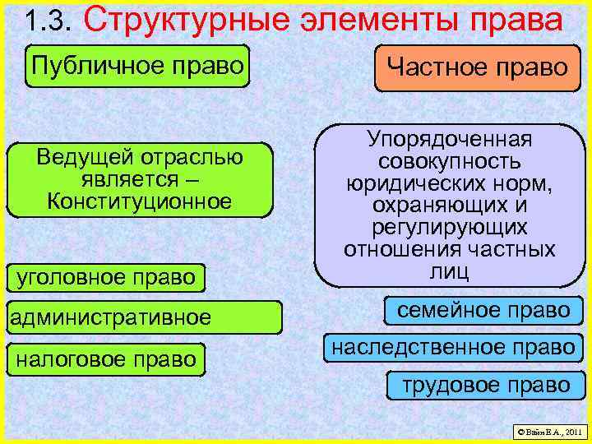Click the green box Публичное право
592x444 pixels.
pos(138,65)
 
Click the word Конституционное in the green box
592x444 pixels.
pos(139,201)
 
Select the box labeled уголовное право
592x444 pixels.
pos(106,277)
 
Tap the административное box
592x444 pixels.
pos(110,317)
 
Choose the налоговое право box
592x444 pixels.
pos(106,358)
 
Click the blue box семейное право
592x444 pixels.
pos(483,310)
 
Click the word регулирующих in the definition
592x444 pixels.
pos(449,226)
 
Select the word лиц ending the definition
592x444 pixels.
pos(449,269)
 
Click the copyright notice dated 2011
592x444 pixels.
pos(548,430)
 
